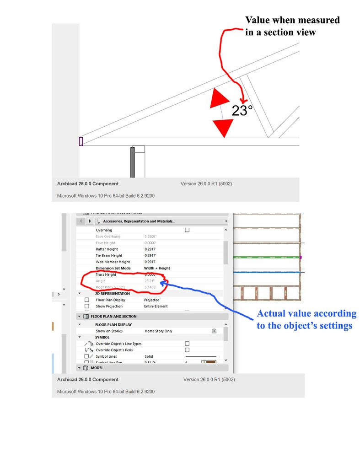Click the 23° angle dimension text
click(242, 111)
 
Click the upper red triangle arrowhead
click(219, 99)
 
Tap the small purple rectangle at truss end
click(81, 141)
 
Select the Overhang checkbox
click(187, 230)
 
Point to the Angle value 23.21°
click(150, 281)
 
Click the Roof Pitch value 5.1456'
click(150, 287)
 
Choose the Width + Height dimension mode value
click(157, 268)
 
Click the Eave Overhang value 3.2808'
click(151, 237)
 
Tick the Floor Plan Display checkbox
click(87, 300)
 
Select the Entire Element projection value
click(156, 306)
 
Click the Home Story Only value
click(158, 331)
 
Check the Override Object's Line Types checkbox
click(187, 343)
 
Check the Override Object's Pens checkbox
click(187, 350)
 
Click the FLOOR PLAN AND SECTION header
click(113, 316)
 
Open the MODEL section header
click(97, 368)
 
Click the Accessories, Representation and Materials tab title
click(139, 221)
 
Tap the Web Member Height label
click(113, 262)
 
